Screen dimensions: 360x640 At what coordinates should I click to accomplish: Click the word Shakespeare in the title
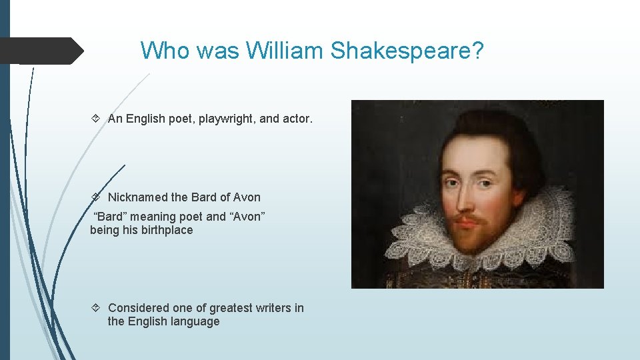click(x=405, y=50)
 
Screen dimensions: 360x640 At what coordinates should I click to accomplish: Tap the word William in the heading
click(x=284, y=50)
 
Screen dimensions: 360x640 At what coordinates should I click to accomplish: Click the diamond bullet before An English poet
click(x=95, y=119)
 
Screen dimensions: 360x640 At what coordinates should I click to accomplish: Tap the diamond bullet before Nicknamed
click(x=95, y=197)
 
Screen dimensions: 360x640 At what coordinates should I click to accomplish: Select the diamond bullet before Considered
click(x=95, y=308)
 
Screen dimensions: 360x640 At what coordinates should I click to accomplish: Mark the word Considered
click(x=138, y=308)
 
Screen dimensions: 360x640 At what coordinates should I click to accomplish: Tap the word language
click(x=193, y=321)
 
